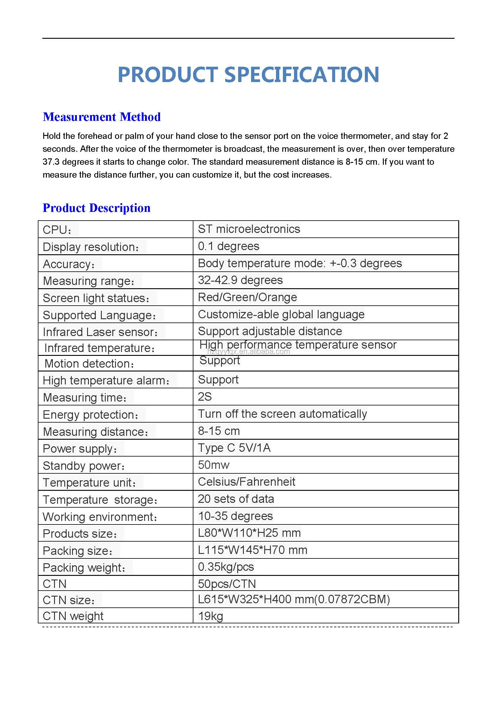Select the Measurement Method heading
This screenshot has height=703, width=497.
click(x=102, y=117)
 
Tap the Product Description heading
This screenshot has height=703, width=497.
click(x=96, y=208)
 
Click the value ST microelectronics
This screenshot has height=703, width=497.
click(x=249, y=229)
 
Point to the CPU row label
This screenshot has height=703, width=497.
click(x=57, y=230)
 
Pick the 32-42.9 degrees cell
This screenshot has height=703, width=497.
click(x=240, y=280)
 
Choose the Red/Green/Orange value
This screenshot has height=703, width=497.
click(x=247, y=298)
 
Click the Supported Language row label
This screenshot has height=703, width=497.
click(x=99, y=315)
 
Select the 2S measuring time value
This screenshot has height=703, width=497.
click(x=205, y=397)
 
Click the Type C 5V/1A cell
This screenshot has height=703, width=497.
click(x=234, y=448)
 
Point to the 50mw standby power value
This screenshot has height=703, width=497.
click(x=214, y=465)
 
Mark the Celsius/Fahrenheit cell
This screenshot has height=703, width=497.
click(x=246, y=482)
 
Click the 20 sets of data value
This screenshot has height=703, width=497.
click(x=236, y=499)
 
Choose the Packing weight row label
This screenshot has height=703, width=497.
click(x=84, y=568)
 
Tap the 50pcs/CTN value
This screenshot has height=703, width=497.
click(x=227, y=584)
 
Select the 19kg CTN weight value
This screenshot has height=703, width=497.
click(x=211, y=616)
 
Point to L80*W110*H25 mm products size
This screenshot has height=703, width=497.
click(x=249, y=533)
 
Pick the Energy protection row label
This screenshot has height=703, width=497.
click(x=91, y=415)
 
